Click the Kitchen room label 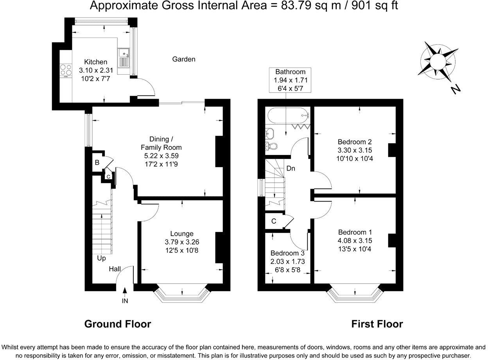pyautogui.click(x=96, y=62)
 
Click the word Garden pyautogui.click(x=184, y=59)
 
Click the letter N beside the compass pyautogui.click(x=455, y=90)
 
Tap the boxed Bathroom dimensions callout pyautogui.click(x=290, y=80)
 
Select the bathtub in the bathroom pyautogui.click(x=287, y=115)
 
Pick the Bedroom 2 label pyautogui.click(x=355, y=142)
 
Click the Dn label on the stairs pyautogui.click(x=291, y=169)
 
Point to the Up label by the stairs pyautogui.click(x=102, y=258)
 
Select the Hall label pyautogui.click(x=115, y=269)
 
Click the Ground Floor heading pyautogui.click(x=118, y=324)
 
